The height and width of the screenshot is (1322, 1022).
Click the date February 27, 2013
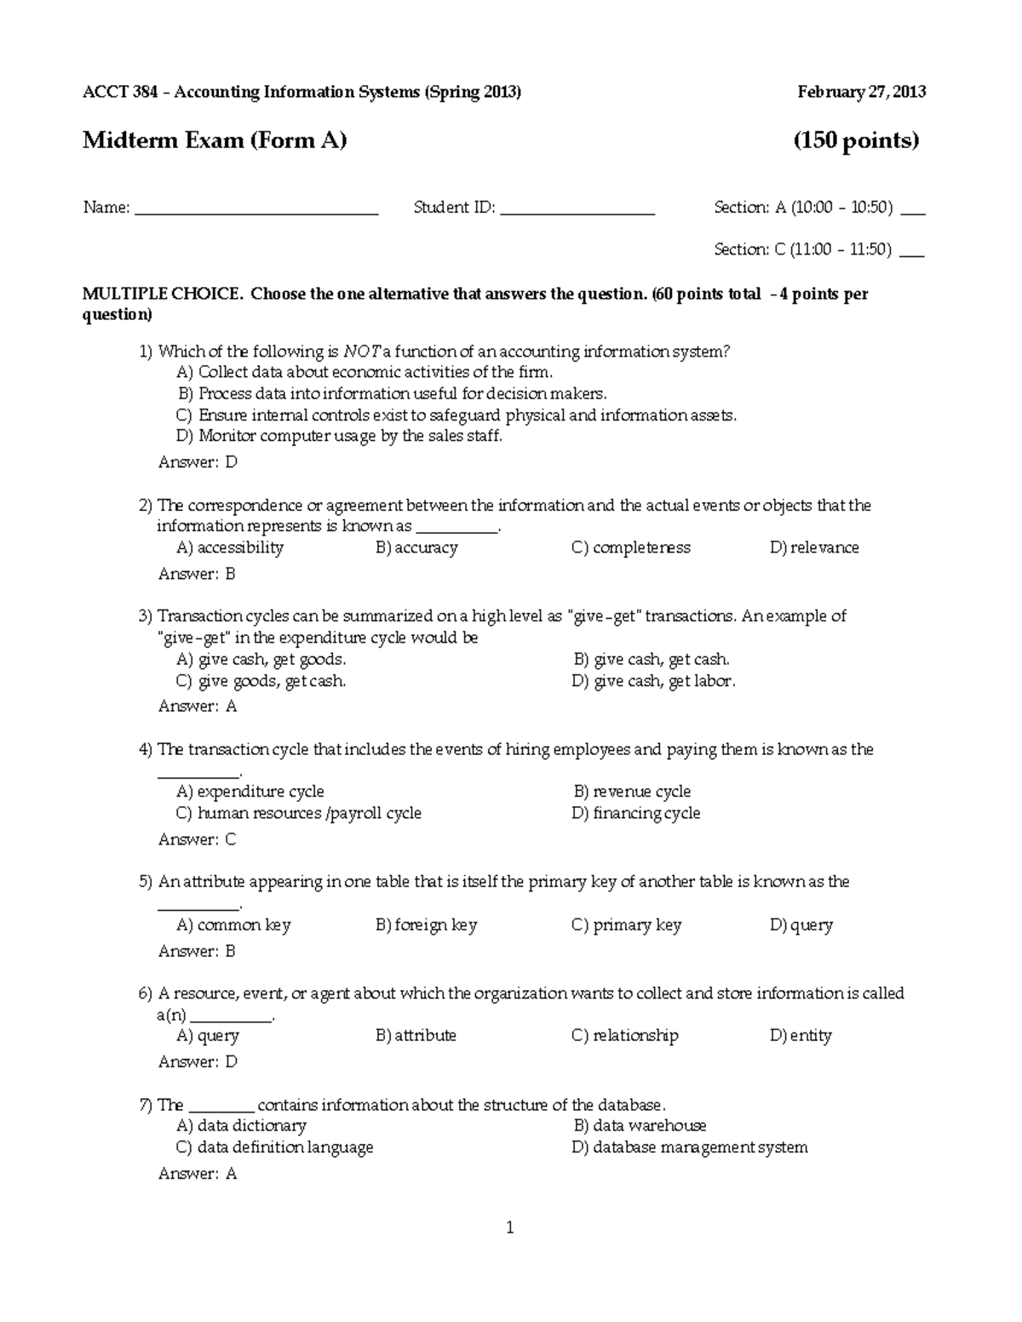861,92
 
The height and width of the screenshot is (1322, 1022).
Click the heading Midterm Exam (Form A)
215,140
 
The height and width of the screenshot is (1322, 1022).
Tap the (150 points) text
856,140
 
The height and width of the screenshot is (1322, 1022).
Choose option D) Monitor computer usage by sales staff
339,436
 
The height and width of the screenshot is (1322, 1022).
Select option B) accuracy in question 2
416,547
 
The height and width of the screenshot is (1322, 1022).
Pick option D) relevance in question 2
814,547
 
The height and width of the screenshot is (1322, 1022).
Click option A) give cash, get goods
261,659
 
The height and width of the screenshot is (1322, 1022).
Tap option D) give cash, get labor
653,681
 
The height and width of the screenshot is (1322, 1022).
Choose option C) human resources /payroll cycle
298,813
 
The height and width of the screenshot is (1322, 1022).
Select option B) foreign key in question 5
426,924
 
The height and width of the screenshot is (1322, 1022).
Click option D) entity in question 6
801,1035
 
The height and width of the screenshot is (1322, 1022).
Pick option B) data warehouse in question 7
640,1125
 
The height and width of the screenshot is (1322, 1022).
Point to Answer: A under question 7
198,1174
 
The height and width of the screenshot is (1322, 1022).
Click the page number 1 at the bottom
510,1228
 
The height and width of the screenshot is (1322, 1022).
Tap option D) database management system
690,1147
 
